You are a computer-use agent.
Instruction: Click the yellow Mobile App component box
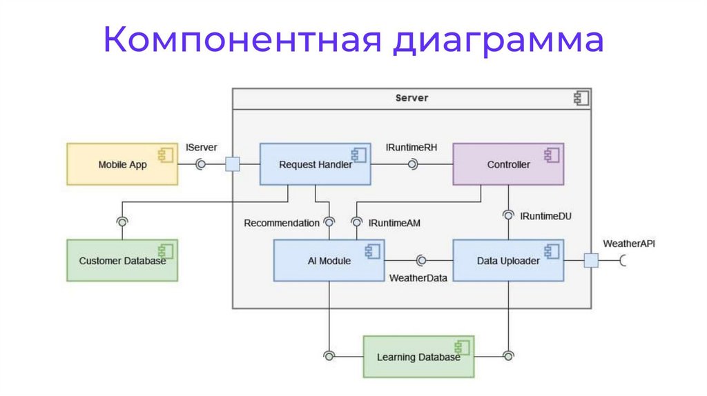tap(122, 164)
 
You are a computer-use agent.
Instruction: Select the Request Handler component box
tap(315, 164)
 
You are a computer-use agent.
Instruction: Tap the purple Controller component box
tap(508, 164)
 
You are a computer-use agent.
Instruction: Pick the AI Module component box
tap(329, 261)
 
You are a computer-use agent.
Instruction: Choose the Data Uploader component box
tap(508, 261)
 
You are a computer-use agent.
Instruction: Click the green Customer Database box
tap(122, 261)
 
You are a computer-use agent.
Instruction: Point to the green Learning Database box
tap(418, 357)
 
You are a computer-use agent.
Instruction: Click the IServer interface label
tap(202, 147)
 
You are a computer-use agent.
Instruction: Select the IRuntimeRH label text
tap(411, 147)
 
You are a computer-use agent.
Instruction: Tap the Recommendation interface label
tap(282, 223)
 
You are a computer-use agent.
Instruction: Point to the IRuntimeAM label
tap(394, 223)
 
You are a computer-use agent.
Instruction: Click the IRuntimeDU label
tap(545, 216)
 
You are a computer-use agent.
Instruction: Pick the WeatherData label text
tap(418, 277)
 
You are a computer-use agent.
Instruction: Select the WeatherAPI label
tap(629, 244)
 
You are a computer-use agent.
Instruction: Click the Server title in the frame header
tap(411, 98)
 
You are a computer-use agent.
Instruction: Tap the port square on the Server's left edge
tap(233, 164)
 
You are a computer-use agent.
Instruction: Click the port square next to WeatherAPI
tap(591, 260)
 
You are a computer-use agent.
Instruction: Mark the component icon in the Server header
tap(581, 99)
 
